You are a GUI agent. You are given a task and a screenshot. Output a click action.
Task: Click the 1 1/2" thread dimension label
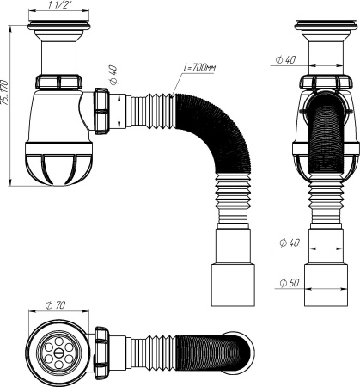click(x=63, y=7)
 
